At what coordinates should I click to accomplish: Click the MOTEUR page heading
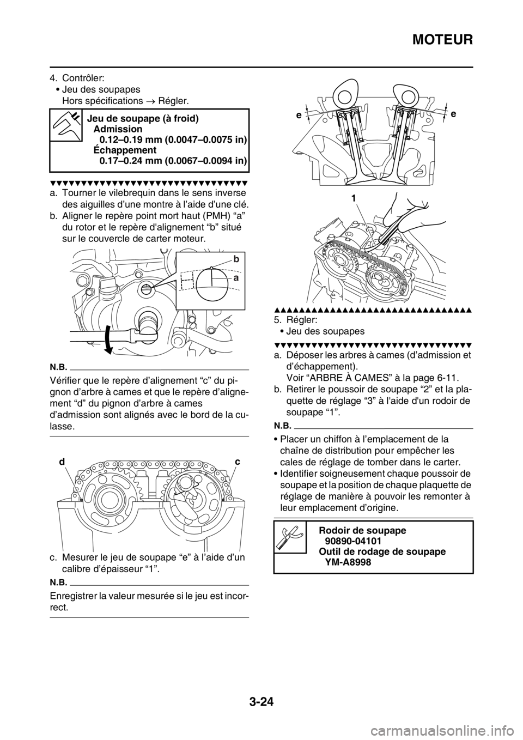[442, 40]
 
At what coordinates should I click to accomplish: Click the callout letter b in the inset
[235, 259]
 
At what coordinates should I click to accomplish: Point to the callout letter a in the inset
[235, 278]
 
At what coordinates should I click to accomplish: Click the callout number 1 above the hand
[353, 198]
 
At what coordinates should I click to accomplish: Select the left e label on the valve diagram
[298, 115]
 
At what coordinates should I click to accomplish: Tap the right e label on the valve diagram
[453, 114]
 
